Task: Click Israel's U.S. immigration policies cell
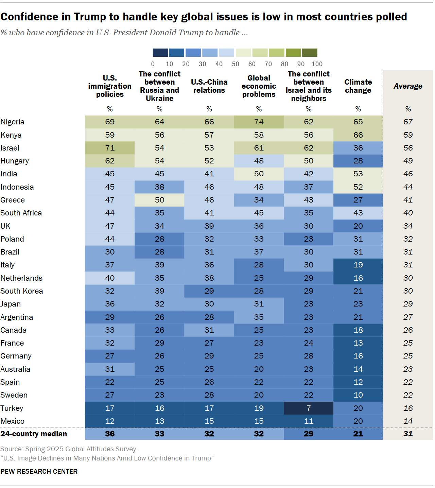coord(110,148)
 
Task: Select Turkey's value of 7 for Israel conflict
coord(309,408)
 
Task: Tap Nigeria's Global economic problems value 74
coord(259,122)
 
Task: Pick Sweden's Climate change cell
coord(358,395)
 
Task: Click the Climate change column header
coord(358,86)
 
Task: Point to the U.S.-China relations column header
coord(209,86)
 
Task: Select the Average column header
coord(408,86)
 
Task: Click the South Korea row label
coord(22,291)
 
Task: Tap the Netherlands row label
coord(21,278)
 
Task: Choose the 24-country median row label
coord(34,434)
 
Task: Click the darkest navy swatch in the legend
coord(160,53)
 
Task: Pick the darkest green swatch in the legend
coord(310,53)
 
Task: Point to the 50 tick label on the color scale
coord(235,64)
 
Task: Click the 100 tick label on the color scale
coord(317,64)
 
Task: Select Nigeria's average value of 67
coord(408,122)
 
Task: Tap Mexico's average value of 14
coord(408,421)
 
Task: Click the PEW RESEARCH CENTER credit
coord(39,471)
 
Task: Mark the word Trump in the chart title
coord(90,17)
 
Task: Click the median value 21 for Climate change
coord(358,434)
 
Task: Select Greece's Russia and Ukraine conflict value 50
coord(159,200)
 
